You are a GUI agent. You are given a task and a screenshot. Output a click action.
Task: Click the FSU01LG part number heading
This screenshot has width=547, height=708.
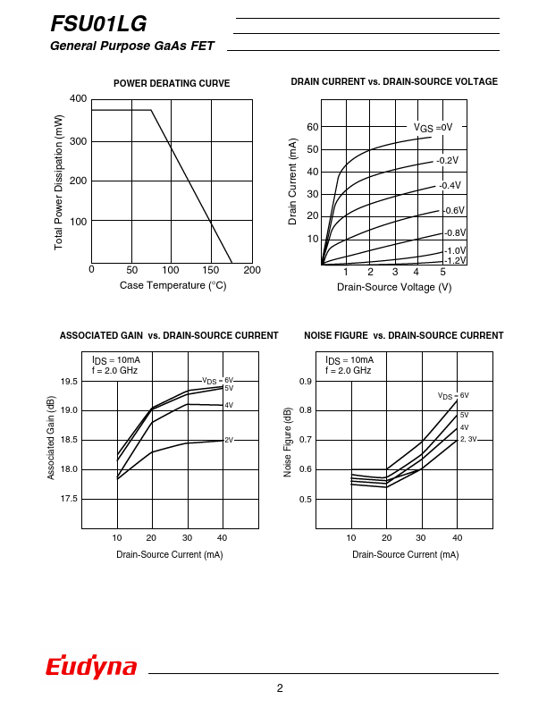coord(98,23)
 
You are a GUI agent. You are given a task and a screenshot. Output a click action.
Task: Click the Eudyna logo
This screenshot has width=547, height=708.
coord(91,667)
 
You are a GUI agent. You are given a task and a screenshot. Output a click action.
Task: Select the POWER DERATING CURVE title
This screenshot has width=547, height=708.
coord(172,83)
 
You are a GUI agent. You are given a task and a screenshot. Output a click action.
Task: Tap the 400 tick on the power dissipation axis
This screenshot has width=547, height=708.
coord(78,98)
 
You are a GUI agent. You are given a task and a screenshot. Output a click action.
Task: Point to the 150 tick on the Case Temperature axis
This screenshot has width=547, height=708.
coord(211,270)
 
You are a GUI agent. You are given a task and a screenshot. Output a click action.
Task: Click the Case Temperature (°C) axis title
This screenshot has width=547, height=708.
coord(173,285)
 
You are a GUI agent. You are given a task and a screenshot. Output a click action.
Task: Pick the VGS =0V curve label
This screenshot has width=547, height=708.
coord(433,127)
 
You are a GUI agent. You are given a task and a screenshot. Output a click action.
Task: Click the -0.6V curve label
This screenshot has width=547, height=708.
coord(454,210)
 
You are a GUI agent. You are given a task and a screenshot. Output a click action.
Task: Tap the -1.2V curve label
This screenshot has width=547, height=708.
coord(456,260)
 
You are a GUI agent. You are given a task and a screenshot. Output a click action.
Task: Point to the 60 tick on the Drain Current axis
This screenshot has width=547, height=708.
coord(313,127)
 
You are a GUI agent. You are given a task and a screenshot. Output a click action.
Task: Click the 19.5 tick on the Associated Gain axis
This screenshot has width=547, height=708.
coord(69,382)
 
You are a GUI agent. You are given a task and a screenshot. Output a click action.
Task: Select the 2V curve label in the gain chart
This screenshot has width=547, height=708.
coord(228,440)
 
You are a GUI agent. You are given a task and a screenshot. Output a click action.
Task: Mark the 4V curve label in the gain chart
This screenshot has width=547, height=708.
coord(228,405)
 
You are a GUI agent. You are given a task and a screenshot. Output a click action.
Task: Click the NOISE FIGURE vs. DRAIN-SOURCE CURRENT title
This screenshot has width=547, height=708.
coord(403,335)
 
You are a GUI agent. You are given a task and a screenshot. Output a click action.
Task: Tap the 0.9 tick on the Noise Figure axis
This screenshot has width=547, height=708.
coord(305,382)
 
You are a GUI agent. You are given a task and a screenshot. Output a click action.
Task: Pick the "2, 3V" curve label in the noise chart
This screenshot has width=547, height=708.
coord(468,439)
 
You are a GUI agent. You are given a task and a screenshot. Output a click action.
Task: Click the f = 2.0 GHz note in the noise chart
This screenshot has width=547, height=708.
coord(348,370)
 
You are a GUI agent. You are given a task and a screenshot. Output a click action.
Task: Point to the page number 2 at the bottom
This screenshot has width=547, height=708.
coord(280,687)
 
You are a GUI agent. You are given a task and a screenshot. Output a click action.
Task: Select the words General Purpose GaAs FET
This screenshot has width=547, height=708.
coord(134,46)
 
